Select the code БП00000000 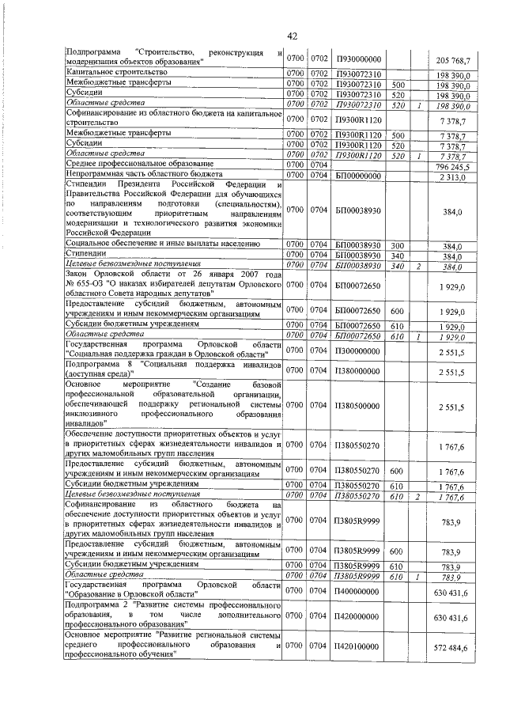point(358,175)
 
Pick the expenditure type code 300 point(398,245)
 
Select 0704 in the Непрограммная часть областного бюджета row point(319,175)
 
